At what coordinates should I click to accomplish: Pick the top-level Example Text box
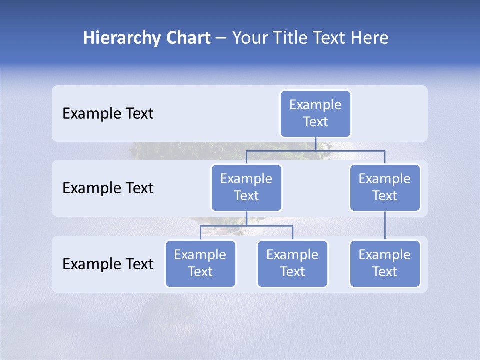pyautogui.click(x=315, y=114)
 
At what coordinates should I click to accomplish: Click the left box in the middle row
pyautogui.click(x=246, y=188)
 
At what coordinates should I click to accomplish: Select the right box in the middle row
pyautogui.click(x=385, y=188)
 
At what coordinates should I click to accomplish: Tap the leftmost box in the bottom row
pyautogui.click(x=200, y=264)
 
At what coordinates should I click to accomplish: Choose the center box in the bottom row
pyautogui.click(x=292, y=264)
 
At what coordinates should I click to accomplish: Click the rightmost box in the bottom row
pyautogui.click(x=385, y=264)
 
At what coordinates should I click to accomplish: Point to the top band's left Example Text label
pyautogui.click(x=108, y=114)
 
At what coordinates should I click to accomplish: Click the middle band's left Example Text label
pyautogui.click(x=108, y=188)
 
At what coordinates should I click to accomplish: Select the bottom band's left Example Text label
pyautogui.click(x=108, y=264)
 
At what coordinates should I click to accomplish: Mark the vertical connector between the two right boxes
pyautogui.click(x=385, y=226)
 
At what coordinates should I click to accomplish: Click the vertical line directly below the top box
pyautogui.click(x=315, y=144)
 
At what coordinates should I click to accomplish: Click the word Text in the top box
pyautogui.click(x=315, y=122)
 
